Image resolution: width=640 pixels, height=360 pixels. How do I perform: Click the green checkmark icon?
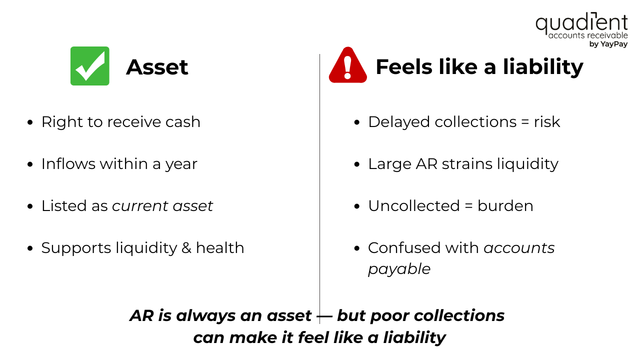90,66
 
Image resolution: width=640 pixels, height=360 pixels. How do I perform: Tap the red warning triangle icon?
347,66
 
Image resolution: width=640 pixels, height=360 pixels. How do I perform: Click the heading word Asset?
157,67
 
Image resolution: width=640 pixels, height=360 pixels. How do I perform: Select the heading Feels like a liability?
479,67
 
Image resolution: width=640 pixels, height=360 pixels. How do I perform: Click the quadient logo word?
581,23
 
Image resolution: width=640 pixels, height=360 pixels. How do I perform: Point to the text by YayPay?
608,44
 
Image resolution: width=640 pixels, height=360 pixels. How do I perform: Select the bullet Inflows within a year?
119,164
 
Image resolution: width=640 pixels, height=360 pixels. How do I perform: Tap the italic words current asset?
162,206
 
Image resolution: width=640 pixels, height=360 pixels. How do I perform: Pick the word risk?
546,122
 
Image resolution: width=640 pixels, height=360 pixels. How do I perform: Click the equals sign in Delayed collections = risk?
523,122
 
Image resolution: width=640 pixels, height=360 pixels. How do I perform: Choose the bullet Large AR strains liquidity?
463,164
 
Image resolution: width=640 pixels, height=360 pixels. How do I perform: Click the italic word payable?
399,269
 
